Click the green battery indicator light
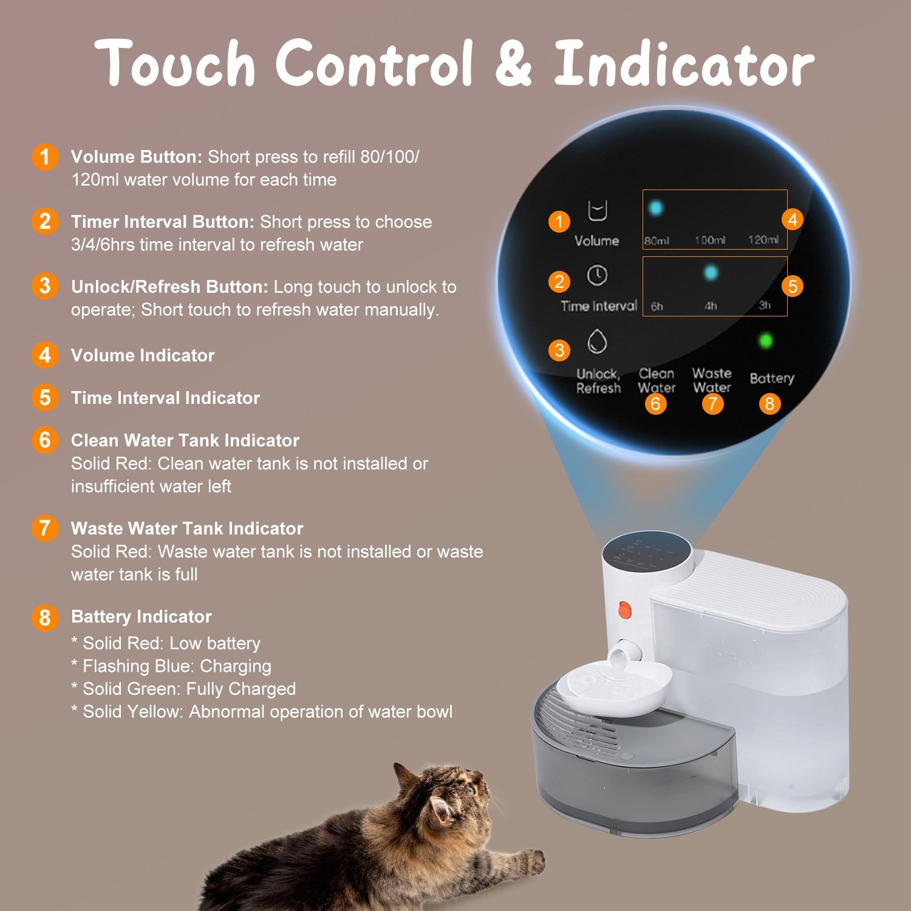[x=766, y=341]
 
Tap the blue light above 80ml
[x=656, y=208]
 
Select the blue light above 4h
[x=711, y=273]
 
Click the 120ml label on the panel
[x=763, y=240]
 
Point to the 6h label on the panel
[x=657, y=306]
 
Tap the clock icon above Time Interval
[x=597, y=275]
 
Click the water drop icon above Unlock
[x=597, y=341]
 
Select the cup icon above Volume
[x=597, y=210]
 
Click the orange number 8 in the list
[x=45, y=618]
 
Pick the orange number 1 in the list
[x=45, y=157]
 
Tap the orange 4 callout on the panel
[x=792, y=219]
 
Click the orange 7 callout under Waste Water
[x=712, y=404]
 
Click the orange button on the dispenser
[x=624, y=610]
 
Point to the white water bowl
[x=613, y=683]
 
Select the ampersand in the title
[x=513, y=64]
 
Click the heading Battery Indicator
[x=141, y=616]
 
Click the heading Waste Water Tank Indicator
[x=187, y=528]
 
